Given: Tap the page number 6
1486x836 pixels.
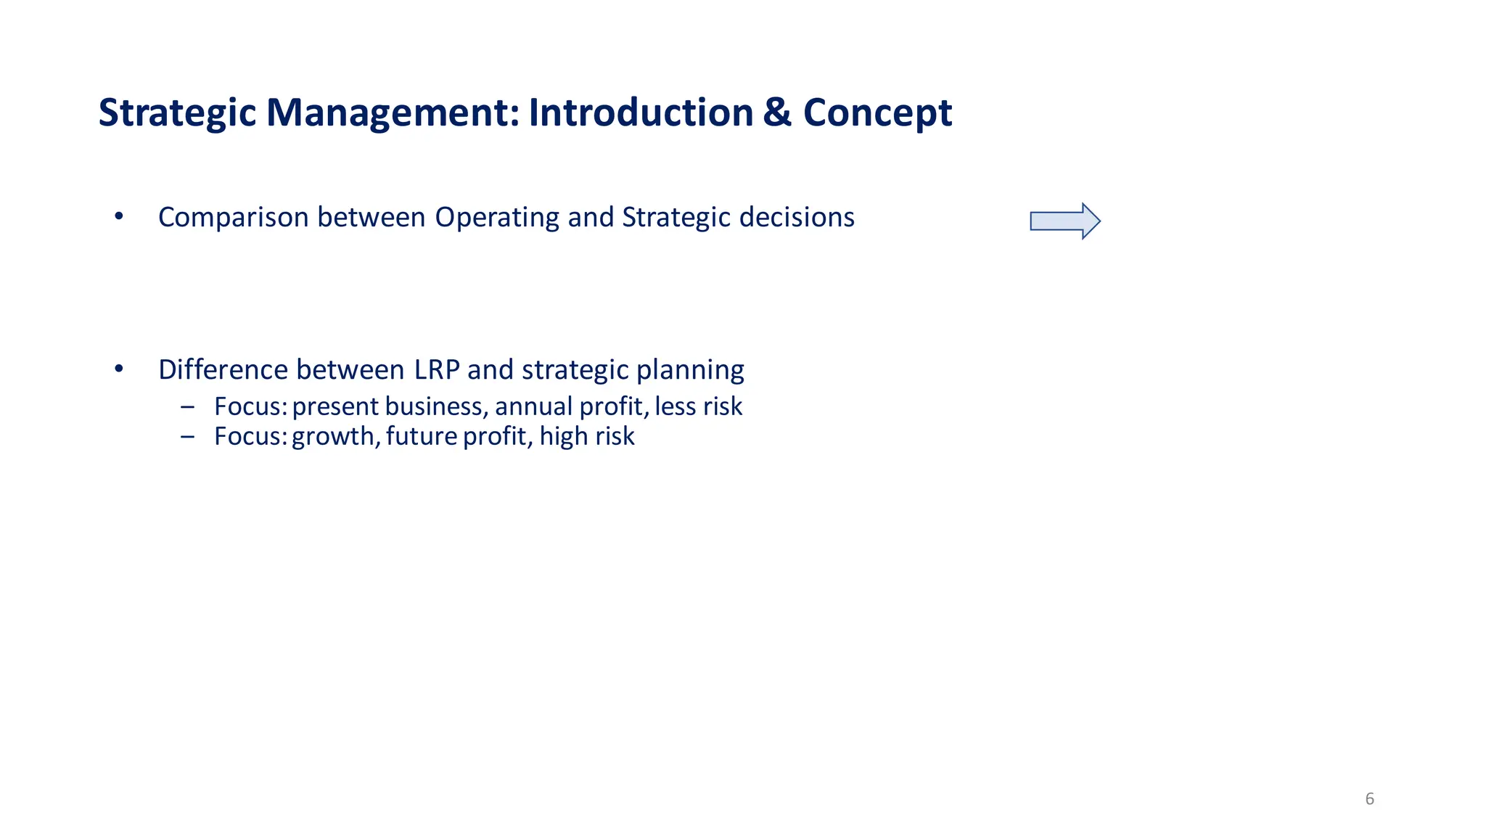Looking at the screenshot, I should (1369, 799).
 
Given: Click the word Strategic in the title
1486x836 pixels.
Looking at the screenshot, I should (177, 114).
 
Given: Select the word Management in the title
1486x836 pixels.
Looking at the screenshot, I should (393, 114).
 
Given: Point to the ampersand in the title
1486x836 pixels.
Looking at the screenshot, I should (777, 113).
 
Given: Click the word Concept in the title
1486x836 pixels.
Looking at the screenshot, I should (877, 114).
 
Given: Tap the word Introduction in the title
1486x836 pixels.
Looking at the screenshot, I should (641, 113).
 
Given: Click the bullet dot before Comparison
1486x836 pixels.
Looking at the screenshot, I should (119, 216).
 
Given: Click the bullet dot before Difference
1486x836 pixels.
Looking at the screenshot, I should (119, 369).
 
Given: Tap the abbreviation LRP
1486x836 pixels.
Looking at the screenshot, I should (437, 370).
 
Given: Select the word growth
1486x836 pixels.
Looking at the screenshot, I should (334, 437).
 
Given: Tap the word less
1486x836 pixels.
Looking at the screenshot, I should (675, 406).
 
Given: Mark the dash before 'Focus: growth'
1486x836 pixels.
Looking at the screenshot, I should (188, 437).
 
